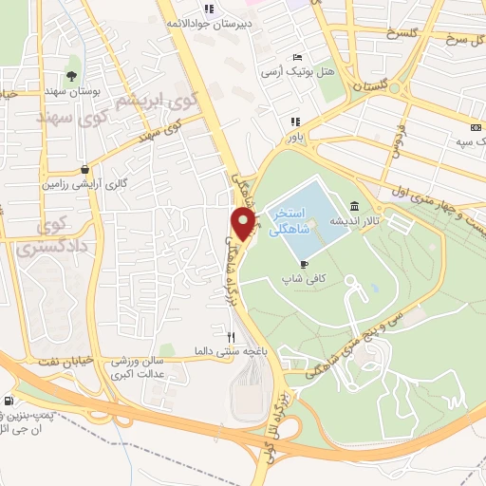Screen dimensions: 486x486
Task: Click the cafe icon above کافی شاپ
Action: (303, 264)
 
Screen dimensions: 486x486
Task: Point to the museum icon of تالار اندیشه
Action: (354, 206)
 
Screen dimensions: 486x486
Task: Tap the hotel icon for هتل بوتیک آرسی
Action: (298, 57)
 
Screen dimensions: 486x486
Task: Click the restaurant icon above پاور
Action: (295, 121)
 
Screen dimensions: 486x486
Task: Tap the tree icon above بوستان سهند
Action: (72, 76)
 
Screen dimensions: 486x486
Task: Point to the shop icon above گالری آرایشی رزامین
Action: (86, 169)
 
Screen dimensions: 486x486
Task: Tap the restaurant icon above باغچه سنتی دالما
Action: (229, 336)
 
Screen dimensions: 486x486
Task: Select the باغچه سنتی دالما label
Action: (225, 350)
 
